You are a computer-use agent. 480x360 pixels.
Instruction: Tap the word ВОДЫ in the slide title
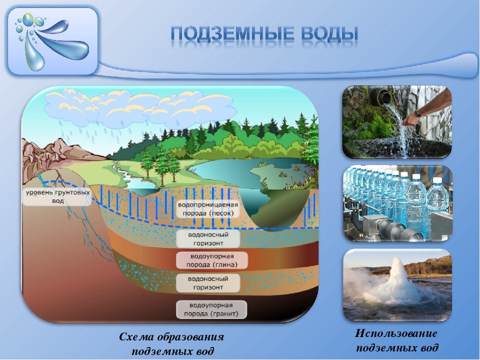point(329,34)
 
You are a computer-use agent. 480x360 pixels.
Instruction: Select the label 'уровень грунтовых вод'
point(58,197)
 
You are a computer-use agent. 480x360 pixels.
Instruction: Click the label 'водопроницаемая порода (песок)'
point(208,209)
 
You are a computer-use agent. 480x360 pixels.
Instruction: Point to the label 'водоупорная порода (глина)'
point(212,261)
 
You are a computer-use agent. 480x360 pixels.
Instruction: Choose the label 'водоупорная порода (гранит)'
point(211,310)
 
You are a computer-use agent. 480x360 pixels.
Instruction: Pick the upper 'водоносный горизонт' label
point(208,239)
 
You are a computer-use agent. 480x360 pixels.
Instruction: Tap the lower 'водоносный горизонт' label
point(208,283)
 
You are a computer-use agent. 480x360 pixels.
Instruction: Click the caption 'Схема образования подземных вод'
point(172,344)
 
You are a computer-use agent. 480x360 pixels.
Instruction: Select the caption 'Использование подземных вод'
point(397,340)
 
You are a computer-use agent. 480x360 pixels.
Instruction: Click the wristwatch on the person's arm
point(418,113)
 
